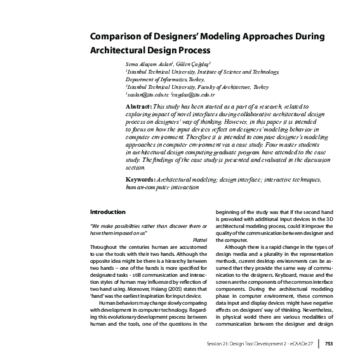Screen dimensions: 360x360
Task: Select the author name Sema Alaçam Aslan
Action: [149, 65]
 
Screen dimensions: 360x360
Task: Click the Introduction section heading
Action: [108, 211]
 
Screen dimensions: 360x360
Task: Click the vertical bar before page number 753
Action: [318, 343]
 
